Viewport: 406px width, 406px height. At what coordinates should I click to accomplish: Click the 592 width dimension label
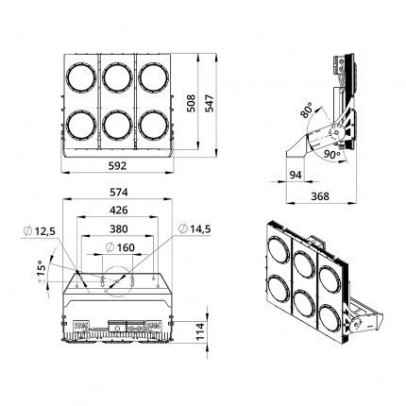(x=117, y=166)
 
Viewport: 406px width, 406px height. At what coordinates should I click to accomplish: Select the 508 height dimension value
(x=191, y=103)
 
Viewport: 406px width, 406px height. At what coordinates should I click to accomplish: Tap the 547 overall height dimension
(x=210, y=103)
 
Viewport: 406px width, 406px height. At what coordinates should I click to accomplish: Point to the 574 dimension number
(x=119, y=192)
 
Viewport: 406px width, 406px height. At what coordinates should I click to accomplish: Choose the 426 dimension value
(x=119, y=210)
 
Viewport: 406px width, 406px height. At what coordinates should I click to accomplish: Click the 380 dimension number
(x=119, y=228)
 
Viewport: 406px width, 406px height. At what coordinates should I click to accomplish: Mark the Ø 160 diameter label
(x=120, y=247)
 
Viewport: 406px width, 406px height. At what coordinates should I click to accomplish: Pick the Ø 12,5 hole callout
(x=40, y=231)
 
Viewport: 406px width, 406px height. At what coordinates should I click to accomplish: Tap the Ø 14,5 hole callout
(x=195, y=229)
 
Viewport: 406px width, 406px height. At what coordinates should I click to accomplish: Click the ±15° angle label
(x=41, y=272)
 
